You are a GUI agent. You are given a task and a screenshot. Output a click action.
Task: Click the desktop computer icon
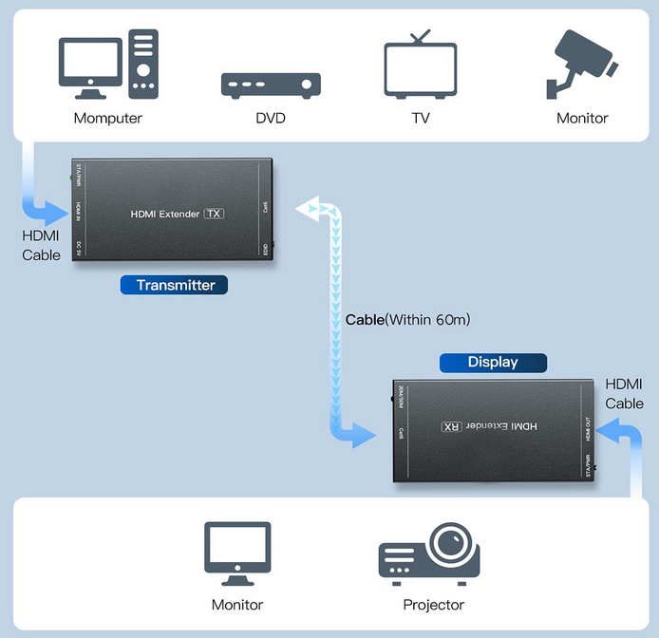click(107, 64)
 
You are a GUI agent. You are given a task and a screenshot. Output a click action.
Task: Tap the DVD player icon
click(271, 84)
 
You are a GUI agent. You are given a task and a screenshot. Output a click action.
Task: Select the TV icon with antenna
click(420, 64)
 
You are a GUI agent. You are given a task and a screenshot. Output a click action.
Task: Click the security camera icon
click(581, 64)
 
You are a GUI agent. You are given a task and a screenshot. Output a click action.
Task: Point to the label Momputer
click(107, 119)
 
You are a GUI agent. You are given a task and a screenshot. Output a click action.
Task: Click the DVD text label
click(271, 119)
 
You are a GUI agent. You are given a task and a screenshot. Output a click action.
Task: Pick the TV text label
click(420, 119)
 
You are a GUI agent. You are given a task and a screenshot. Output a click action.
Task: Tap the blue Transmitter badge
click(176, 285)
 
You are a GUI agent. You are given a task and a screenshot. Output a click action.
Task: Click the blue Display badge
click(493, 363)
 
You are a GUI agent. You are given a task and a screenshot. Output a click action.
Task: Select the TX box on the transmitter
click(215, 214)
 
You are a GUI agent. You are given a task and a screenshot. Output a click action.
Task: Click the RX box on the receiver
click(450, 427)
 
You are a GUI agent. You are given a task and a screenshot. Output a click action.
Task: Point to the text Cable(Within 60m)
click(407, 320)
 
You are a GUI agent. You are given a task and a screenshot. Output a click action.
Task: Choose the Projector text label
click(433, 605)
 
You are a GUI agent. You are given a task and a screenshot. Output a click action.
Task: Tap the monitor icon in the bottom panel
click(237, 554)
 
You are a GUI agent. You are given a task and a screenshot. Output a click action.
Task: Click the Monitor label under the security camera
click(581, 119)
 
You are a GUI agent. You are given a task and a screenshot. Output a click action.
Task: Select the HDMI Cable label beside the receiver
click(624, 394)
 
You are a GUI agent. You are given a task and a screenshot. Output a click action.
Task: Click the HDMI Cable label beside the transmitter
click(41, 245)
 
